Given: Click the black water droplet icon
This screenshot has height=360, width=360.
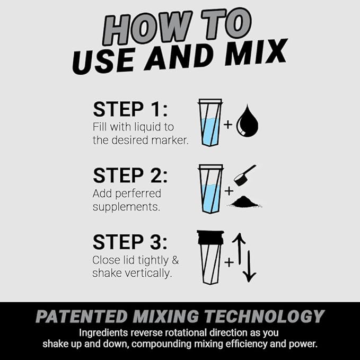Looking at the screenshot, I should pyautogui.click(x=247, y=121).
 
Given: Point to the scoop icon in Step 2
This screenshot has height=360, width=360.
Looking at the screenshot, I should pyautogui.click(x=245, y=175).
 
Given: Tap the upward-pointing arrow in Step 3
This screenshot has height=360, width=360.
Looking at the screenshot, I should pyautogui.click(x=239, y=249).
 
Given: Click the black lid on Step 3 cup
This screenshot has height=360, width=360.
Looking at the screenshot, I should pyautogui.click(x=210, y=237).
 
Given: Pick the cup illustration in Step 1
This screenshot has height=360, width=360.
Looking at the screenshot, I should pyautogui.click(x=210, y=123).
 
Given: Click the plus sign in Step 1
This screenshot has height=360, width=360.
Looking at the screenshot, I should pyautogui.click(x=228, y=125).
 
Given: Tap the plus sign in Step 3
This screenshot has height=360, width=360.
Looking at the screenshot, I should pyautogui.click(x=229, y=262).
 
